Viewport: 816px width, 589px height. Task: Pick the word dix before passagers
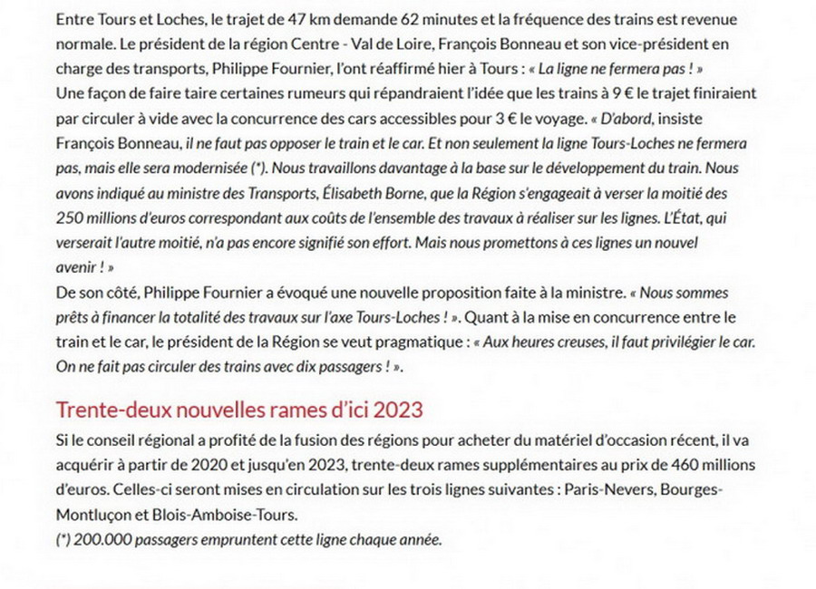[293, 367]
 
